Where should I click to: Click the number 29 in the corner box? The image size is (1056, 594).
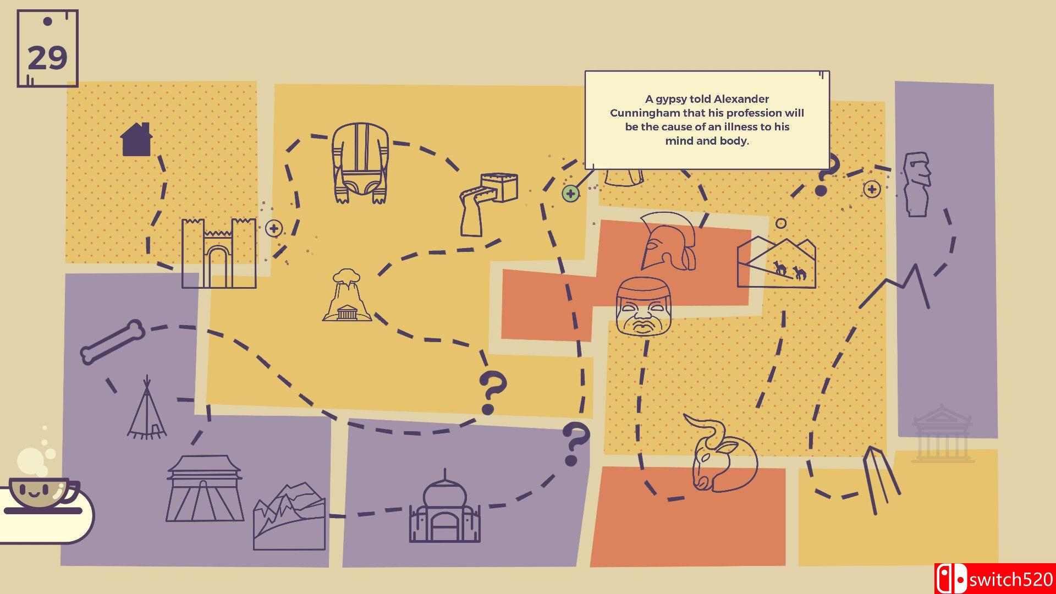point(47,58)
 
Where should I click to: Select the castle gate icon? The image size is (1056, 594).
point(219,253)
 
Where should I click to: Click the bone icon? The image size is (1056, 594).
point(113,342)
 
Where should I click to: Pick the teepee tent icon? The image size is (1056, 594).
point(147,409)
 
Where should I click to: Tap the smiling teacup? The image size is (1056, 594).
point(42,492)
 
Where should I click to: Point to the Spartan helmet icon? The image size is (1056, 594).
point(668,242)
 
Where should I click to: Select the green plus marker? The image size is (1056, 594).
point(570,194)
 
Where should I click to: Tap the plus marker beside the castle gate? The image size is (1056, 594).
point(273,228)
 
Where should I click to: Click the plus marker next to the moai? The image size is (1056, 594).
point(871,190)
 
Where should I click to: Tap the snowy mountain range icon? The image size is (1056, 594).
point(289,517)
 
